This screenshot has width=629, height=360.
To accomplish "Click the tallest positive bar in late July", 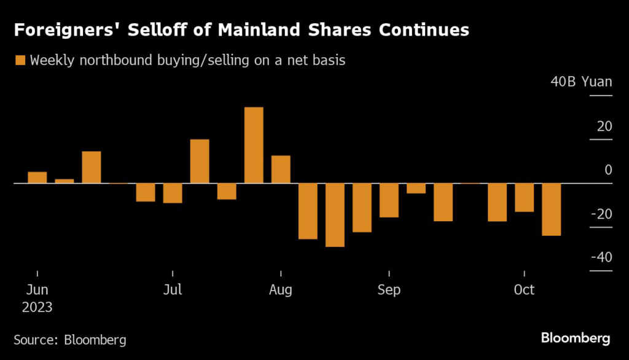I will [x=254, y=145].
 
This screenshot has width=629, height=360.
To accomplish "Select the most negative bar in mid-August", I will [x=335, y=215].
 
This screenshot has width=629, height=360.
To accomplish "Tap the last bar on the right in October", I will [x=551, y=209].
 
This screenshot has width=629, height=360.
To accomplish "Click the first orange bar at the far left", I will [x=37, y=178].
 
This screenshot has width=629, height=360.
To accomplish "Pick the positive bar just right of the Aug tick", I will [x=281, y=170].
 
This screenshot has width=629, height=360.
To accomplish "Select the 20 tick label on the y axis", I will [x=604, y=127].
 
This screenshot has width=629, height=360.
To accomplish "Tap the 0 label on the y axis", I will [x=608, y=170].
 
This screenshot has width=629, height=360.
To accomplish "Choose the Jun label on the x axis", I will [x=37, y=290].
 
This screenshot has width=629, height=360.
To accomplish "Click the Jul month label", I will [x=173, y=290].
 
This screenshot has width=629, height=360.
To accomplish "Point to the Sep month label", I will [x=389, y=290].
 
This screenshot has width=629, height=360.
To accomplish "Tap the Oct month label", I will [x=524, y=290].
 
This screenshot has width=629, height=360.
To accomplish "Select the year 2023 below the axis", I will [x=37, y=307].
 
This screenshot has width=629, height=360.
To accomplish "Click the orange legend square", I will [x=20, y=60].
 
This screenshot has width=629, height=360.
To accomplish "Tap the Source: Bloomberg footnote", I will [x=70, y=339].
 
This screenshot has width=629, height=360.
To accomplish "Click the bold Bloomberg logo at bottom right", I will [x=576, y=338].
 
